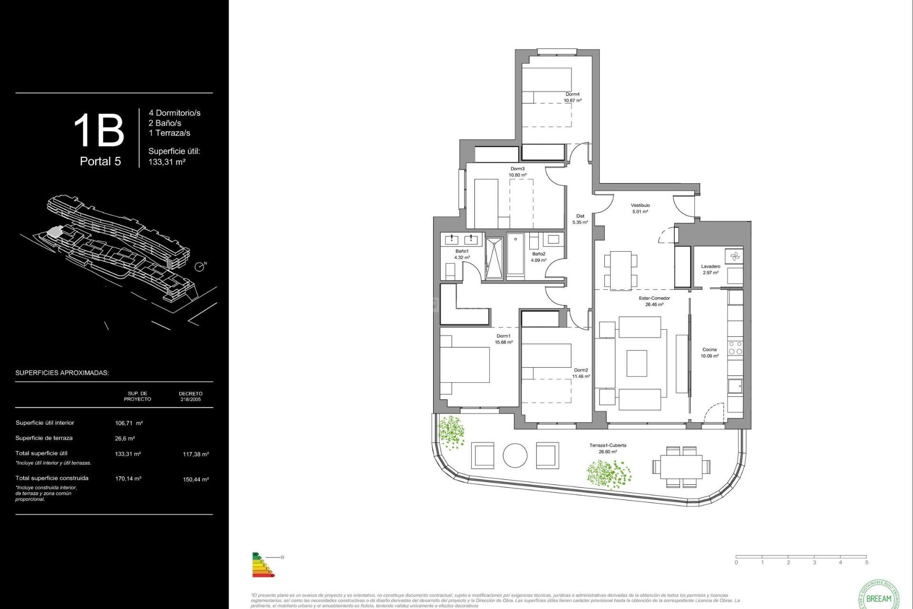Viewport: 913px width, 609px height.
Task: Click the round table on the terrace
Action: click(515, 455)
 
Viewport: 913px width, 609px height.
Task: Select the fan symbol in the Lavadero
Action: click(735, 257)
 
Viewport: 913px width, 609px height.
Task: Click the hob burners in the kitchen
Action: click(735, 348)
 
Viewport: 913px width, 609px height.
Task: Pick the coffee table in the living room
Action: click(637, 363)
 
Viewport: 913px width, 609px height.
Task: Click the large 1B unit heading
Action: click(99, 131)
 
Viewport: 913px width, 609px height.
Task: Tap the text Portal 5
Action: click(100, 162)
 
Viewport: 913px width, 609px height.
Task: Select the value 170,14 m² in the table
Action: click(128, 479)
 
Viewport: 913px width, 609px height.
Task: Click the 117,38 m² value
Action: click(195, 454)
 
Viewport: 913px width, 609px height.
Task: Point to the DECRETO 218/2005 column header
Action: click(191, 396)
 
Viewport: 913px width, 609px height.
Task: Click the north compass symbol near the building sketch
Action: click(200, 267)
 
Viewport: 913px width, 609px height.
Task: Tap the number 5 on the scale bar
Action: click(866, 562)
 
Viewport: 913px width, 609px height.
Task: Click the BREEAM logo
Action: click(879, 597)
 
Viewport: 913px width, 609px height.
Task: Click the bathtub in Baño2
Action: click(515, 254)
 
